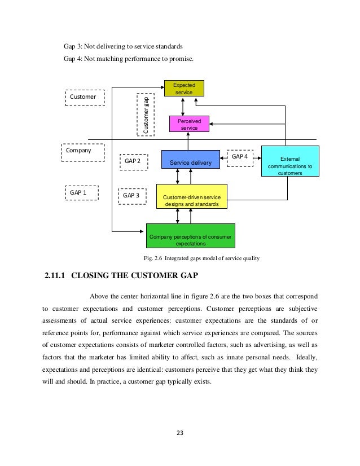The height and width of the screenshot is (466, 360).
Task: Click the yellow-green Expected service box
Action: click(183, 89)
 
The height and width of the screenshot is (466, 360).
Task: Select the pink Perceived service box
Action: click(189, 124)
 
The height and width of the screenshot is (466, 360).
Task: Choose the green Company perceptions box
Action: click(190, 236)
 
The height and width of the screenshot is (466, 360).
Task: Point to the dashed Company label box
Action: click(82, 153)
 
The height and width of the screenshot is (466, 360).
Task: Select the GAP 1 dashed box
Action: click(81, 192)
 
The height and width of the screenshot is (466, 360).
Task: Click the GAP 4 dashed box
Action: click(240, 156)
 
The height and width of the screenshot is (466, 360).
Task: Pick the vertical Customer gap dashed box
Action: click(146, 115)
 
